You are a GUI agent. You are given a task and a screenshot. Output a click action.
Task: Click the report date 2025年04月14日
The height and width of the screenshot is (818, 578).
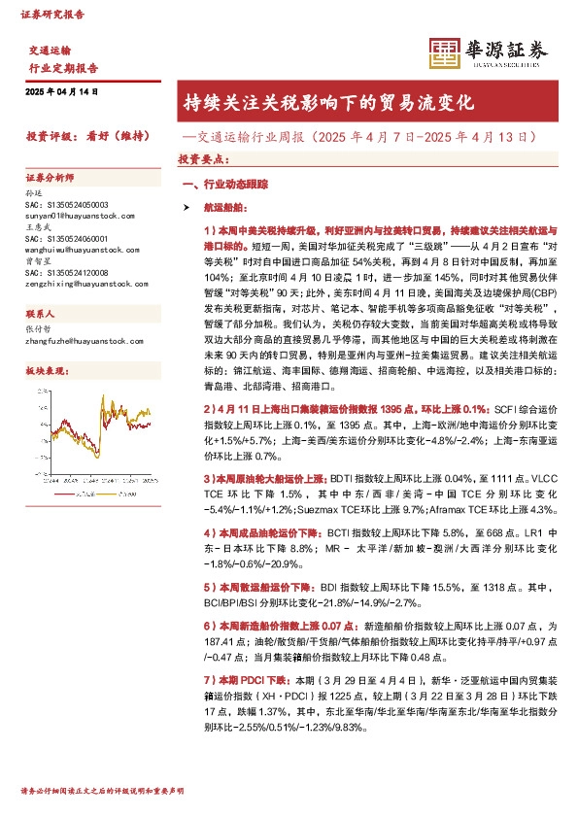click(x=61, y=91)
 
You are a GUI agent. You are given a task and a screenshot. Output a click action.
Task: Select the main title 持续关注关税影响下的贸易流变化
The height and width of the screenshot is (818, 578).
click(x=328, y=102)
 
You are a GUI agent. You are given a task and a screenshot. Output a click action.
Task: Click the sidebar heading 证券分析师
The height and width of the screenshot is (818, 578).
click(x=49, y=179)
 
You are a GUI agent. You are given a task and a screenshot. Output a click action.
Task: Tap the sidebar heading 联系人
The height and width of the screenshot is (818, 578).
click(x=41, y=314)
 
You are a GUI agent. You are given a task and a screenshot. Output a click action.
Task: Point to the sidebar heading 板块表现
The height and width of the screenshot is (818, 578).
click(x=45, y=370)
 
